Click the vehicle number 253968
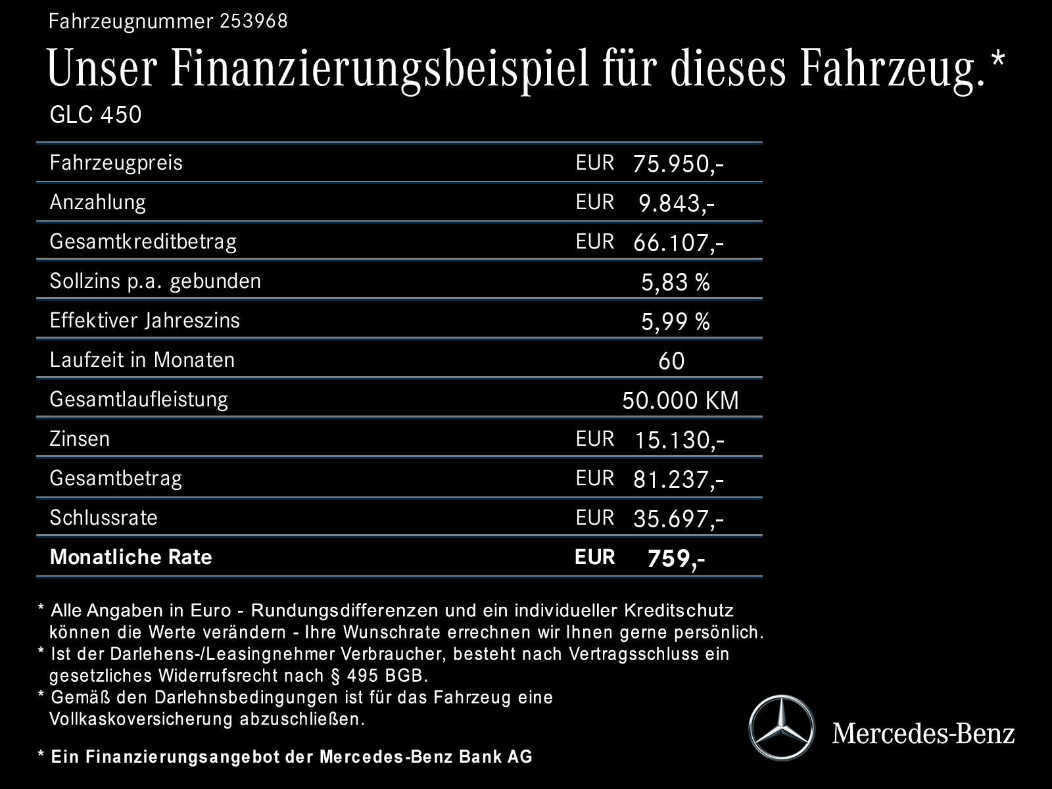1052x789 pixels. [254, 22]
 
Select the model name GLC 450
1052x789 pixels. [95, 115]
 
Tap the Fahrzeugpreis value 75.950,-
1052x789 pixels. [678, 164]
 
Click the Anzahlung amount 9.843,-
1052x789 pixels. [677, 203]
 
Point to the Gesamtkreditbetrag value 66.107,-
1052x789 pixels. [678, 243]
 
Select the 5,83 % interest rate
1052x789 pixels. [675, 282]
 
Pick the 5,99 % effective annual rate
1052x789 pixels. [675, 322]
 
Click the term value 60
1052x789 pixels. [671, 361]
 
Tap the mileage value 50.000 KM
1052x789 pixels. [680, 400]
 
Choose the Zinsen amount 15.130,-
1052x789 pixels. [679, 440]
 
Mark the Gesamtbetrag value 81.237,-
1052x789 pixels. [678, 479]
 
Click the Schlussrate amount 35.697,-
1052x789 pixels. [678, 519]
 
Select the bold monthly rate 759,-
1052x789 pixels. [676, 558]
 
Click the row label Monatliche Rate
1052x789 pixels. [131, 557]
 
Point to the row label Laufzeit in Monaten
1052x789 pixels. [142, 360]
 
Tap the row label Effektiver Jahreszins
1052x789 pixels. [145, 320]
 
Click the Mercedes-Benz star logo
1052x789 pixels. [781, 728]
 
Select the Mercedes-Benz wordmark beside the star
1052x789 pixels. [923, 732]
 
